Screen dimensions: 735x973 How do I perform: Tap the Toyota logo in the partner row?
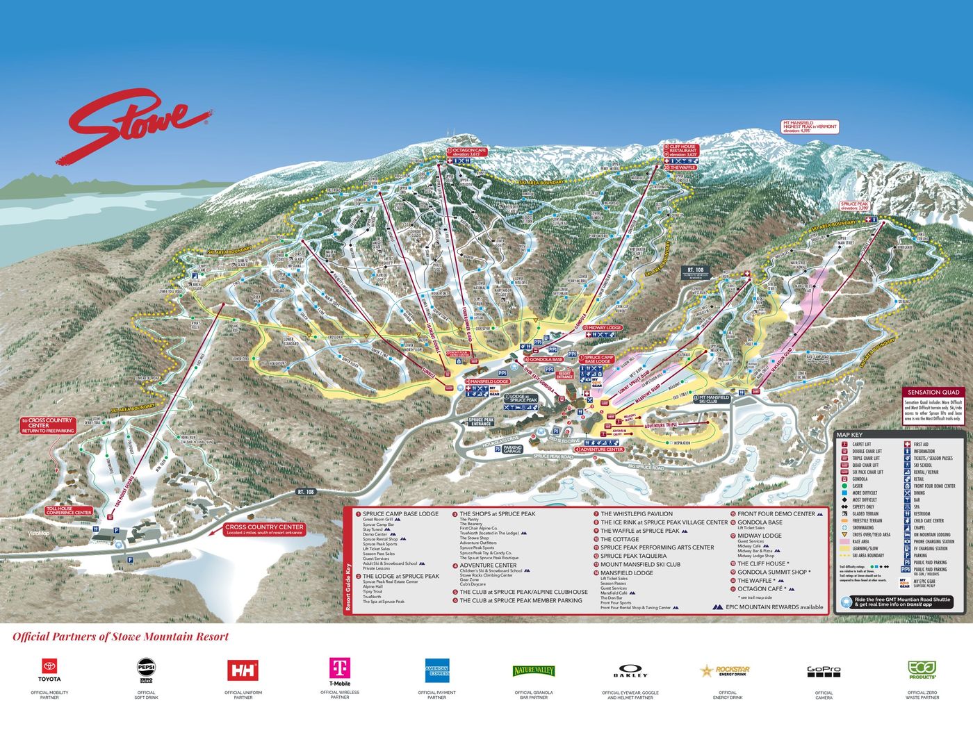click(x=49, y=670)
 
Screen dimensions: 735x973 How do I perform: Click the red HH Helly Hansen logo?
click(x=243, y=670)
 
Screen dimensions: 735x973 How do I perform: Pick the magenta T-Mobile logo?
click(x=339, y=671)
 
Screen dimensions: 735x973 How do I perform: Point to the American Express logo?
click(x=436, y=670)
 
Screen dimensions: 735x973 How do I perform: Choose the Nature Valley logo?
click(x=534, y=670)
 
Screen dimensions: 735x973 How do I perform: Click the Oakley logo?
click(x=630, y=672)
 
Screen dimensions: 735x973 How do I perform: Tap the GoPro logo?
click(x=824, y=671)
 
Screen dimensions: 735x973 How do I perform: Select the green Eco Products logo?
click(x=922, y=670)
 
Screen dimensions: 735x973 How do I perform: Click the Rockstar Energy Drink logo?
click(x=727, y=670)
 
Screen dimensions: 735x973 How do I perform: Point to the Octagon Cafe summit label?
click(x=466, y=152)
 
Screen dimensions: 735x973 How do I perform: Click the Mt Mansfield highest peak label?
click(x=810, y=127)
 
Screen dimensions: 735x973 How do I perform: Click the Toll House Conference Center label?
click(x=69, y=511)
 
